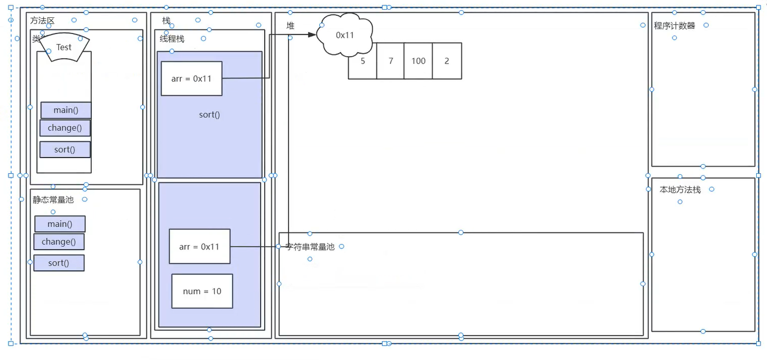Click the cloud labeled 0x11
coord(345,35)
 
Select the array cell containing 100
coord(419,61)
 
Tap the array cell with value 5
coord(362,61)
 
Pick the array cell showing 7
coord(391,61)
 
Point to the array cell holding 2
coord(447,61)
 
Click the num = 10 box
coord(202,291)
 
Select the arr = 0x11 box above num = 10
coord(200,247)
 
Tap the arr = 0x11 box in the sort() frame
coord(191,78)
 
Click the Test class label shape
coord(64,47)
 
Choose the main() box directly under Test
coord(66,110)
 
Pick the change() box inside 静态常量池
coord(59,242)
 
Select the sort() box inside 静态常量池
coord(59,263)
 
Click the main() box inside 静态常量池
coord(60,224)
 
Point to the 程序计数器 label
coord(674,25)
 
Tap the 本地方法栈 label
coord(680,189)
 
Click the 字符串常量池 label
coord(310,247)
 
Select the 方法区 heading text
coord(43,21)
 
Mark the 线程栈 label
coord(172,39)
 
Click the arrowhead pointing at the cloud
coord(312,35)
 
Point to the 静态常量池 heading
coord(53,200)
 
